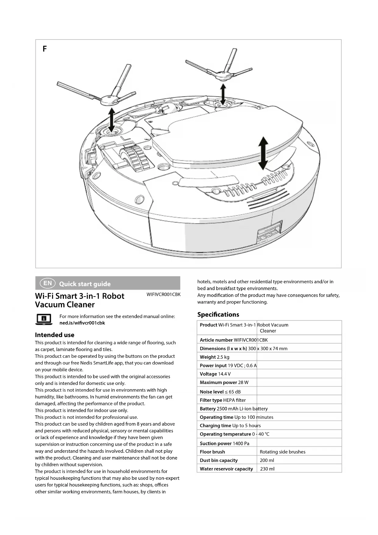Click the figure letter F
pyautogui.click(x=45, y=49)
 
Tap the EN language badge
pyautogui.click(x=48, y=283)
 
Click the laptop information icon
pyautogui.click(x=44, y=319)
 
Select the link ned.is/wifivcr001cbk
pyautogui.click(x=82, y=323)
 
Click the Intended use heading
pyautogui.click(x=55, y=335)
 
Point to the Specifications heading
pyautogui.click(x=218, y=314)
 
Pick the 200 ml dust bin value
pyautogui.click(x=267, y=460)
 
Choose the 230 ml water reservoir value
pyautogui.click(x=267, y=469)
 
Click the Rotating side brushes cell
pyautogui.click(x=282, y=452)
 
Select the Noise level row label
pyautogui.click(x=212, y=392)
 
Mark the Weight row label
pyautogui.click(x=208, y=357)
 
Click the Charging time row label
pyautogui.click(x=215, y=425)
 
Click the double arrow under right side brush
pyautogui.click(x=223, y=94)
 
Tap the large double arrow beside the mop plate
pyautogui.click(x=263, y=153)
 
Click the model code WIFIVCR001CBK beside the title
pyautogui.click(x=163, y=294)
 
